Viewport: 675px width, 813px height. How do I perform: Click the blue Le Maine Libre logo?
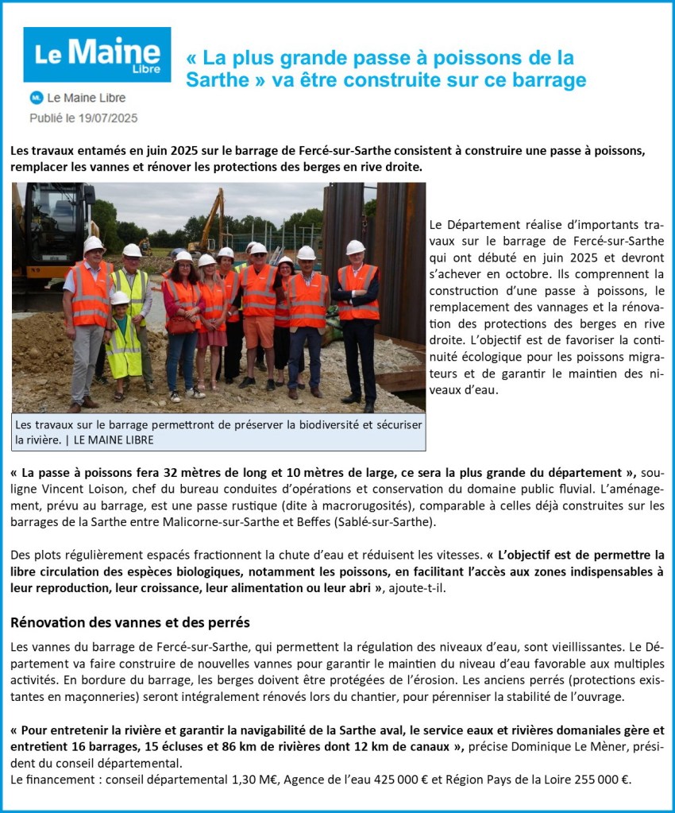tap(97, 54)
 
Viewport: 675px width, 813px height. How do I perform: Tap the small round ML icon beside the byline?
tap(36, 98)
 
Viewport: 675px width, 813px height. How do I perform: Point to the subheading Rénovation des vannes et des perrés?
tap(130, 621)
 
